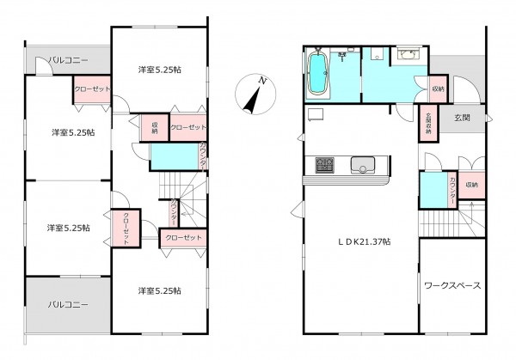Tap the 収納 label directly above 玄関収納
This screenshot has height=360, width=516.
(438, 89)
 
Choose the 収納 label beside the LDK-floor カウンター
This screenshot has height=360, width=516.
(473, 186)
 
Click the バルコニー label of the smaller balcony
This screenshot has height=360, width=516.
(66, 61)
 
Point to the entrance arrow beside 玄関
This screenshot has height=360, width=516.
(487, 117)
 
